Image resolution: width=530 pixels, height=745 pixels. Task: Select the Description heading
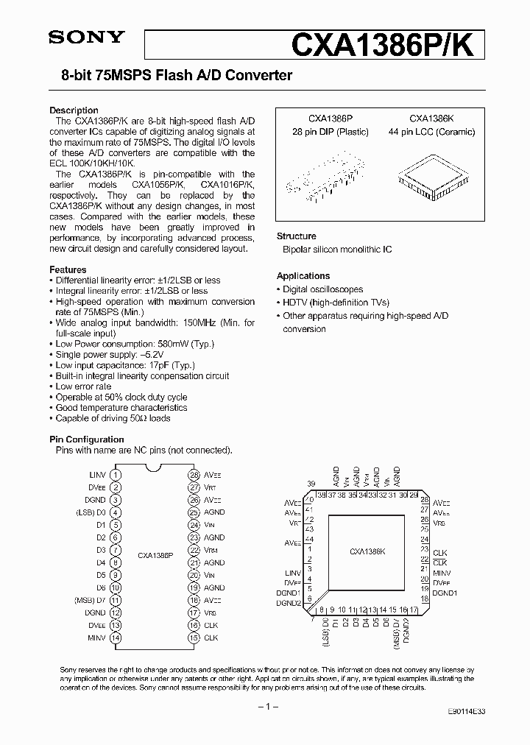click(74, 110)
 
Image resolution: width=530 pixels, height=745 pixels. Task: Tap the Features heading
click(68, 269)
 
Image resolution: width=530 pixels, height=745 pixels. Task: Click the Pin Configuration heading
click(86, 439)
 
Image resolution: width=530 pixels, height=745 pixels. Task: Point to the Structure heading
click(296, 236)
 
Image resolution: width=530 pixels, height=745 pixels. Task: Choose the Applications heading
click(303, 276)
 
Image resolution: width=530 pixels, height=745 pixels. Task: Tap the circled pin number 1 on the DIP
click(116, 475)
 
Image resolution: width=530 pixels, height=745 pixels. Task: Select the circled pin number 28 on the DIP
click(194, 475)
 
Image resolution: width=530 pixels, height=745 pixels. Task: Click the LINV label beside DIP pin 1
click(98, 475)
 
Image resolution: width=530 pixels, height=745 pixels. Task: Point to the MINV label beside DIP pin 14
click(96, 638)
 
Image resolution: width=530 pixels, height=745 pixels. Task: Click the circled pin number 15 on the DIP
click(194, 638)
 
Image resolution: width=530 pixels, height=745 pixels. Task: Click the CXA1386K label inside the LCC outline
click(367, 551)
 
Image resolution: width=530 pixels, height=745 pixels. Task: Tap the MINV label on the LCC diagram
click(442, 573)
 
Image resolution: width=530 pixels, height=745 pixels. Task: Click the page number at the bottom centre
click(264, 707)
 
